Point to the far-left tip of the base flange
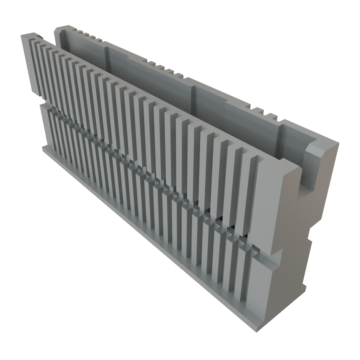43,148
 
